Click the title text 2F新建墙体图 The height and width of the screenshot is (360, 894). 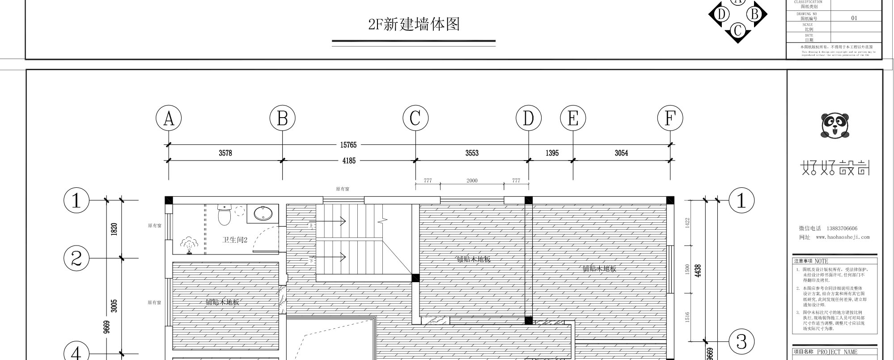point(414,24)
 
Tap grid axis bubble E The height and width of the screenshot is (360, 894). point(573,119)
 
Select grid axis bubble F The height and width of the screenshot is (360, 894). point(670,119)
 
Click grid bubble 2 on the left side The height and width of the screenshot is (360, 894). point(76,258)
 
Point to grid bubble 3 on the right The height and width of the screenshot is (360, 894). point(741,342)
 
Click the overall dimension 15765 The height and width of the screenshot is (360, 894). point(348,145)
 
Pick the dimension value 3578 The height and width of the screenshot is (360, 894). point(225,153)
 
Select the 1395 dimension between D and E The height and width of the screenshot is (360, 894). point(552,153)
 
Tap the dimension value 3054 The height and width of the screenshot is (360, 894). point(621,153)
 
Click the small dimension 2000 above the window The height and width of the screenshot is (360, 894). point(472,181)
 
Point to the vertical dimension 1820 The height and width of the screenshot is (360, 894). point(114,229)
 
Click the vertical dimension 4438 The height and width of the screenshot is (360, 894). point(698,271)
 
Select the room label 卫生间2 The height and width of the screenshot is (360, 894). point(235,240)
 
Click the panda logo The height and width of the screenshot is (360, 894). point(835,125)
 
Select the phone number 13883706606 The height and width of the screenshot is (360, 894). point(842,229)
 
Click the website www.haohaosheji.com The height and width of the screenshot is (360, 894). point(843,237)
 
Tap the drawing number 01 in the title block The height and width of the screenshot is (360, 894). point(854,18)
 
